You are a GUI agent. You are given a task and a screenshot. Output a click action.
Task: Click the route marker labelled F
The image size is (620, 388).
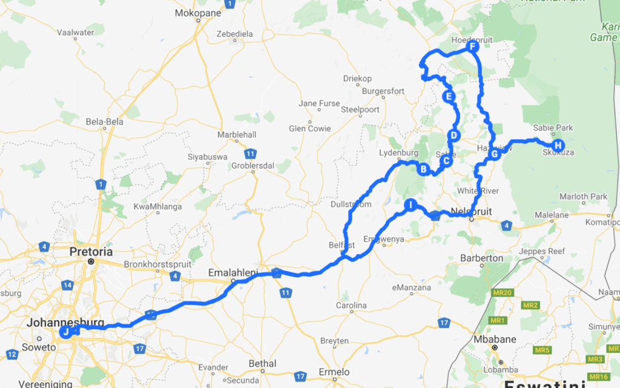click(473, 47)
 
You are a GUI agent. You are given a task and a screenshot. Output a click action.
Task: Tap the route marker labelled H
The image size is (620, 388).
click(558, 145)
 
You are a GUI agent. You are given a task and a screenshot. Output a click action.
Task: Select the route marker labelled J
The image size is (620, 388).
click(65, 331)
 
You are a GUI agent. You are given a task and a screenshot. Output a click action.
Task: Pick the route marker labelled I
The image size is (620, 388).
click(411, 205)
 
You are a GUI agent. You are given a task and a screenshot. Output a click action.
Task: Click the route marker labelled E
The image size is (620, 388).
click(449, 96)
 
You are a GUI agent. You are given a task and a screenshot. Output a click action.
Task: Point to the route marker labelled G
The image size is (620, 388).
click(494, 154)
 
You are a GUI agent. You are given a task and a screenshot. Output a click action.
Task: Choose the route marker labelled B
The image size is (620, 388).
click(424, 169)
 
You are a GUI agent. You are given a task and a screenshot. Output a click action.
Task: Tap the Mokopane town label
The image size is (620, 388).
click(198, 13)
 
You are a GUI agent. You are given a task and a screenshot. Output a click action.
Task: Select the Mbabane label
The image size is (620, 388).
click(495, 339)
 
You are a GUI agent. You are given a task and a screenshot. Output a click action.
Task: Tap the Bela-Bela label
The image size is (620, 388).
click(104, 122)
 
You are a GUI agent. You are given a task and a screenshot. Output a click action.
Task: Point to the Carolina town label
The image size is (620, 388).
click(351, 306)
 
